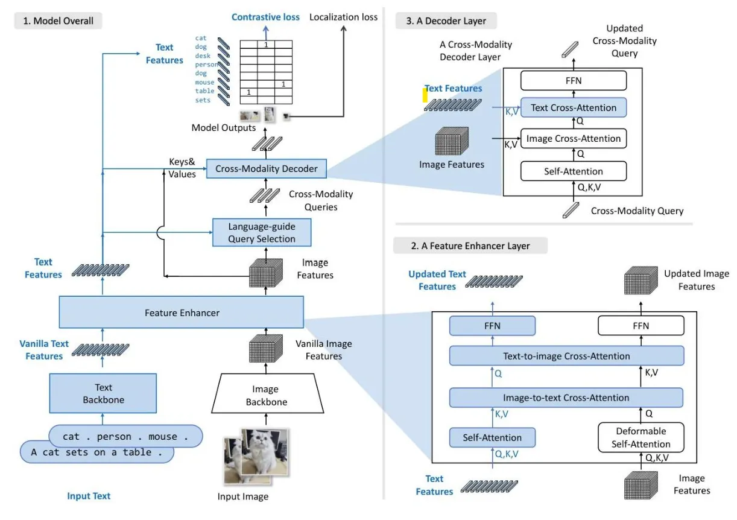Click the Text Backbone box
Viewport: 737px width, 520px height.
[103, 393]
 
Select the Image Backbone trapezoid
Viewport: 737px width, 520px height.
[265, 396]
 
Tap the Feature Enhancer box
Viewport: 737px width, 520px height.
[182, 312]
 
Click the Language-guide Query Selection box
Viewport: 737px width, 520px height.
[262, 233]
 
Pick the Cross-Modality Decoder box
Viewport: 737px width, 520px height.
[266, 169]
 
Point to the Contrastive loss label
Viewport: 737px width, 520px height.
[265, 17]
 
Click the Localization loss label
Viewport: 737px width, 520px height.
[343, 17]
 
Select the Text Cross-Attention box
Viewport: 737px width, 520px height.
[574, 108]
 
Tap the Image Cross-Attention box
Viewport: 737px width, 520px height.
[574, 139]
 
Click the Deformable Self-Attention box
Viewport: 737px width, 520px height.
[641, 437]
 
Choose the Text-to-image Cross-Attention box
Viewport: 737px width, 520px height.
[566, 356]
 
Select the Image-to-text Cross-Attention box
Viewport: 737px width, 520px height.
[566, 398]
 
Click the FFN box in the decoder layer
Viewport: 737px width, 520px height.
[574, 80]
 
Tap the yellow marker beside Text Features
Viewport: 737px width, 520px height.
[425, 95]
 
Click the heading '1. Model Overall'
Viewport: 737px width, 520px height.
[59, 21]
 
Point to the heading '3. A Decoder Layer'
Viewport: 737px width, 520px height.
[445, 21]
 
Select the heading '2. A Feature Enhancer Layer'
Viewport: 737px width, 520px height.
[470, 246]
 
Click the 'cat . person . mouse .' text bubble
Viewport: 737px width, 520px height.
[125, 436]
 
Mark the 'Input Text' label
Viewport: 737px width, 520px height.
[89, 496]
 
